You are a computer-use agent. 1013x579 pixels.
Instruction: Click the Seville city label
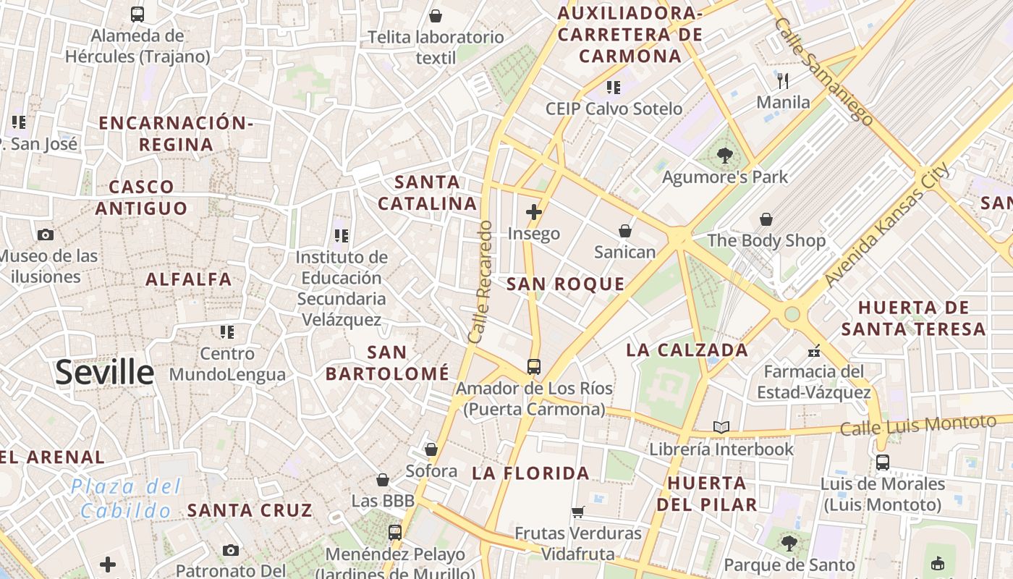pyautogui.click(x=105, y=372)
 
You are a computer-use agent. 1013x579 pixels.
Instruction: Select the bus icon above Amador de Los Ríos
pyautogui.click(x=534, y=367)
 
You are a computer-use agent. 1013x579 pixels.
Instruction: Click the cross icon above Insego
pyautogui.click(x=534, y=212)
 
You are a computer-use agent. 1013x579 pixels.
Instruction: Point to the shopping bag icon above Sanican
pyautogui.click(x=624, y=231)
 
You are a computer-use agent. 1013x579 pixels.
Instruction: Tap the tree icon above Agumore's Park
pyautogui.click(x=724, y=155)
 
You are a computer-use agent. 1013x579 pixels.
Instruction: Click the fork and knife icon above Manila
pyautogui.click(x=783, y=80)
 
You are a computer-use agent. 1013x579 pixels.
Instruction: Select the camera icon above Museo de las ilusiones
pyautogui.click(x=46, y=234)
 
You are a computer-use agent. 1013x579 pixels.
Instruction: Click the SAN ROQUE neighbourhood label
pyautogui.click(x=565, y=284)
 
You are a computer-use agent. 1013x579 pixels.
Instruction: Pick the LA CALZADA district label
pyautogui.click(x=687, y=350)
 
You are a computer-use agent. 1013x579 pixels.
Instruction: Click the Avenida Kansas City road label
pyautogui.click(x=887, y=224)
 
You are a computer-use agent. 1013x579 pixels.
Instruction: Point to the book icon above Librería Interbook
pyautogui.click(x=721, y=427)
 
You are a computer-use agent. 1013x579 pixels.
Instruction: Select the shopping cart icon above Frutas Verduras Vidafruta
pyautogui.click(x=577, y=512)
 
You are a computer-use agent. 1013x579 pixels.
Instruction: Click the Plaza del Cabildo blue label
pyautogui.click(x=127, y=499)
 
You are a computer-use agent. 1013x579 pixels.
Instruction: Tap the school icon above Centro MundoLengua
pyautogui.click(x=227, y=332)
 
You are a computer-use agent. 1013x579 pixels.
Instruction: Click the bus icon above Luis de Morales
pyautogui.click(x=882, y=462)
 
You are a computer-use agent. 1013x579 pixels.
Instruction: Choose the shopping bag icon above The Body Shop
pyautogui.click(x=766, y=219)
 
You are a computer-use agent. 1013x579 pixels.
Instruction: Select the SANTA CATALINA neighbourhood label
pyautogui.click(x=427, y=193)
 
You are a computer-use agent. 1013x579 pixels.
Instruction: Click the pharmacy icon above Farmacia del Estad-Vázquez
pyautogui.click(x=814, y=351)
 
